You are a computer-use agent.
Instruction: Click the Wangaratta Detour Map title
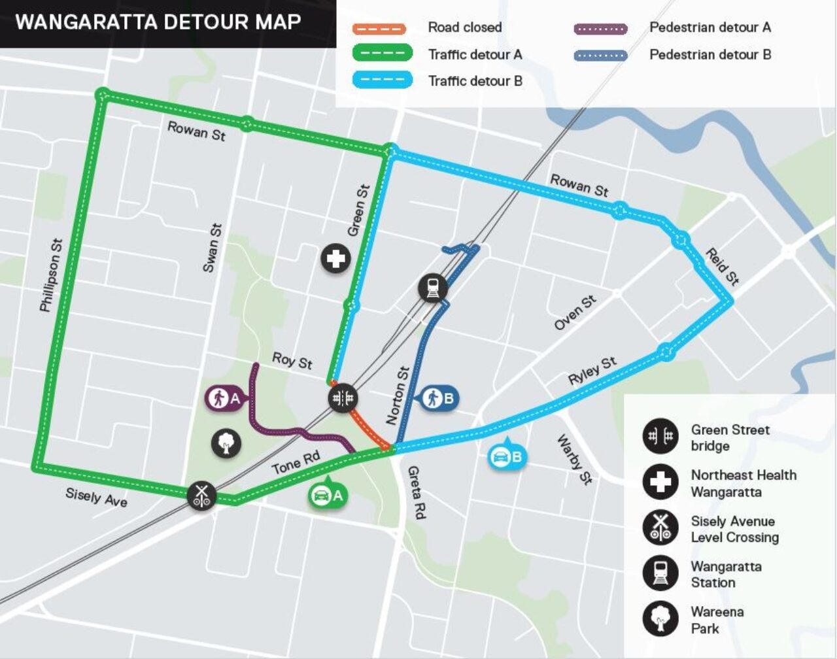[158, 22]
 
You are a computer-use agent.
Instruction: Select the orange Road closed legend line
[379, 28]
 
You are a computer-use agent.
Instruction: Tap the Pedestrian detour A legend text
[709, 27]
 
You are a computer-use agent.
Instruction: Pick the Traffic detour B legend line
[382, 80]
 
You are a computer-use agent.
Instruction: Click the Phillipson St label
[50, 275]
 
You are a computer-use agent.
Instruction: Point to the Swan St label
[212, 248]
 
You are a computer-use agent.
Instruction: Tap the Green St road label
[358, 210]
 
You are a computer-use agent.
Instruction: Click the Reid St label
[722, 267]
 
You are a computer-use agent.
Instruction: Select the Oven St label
[575, 313]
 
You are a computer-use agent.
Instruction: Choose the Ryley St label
[592, 371]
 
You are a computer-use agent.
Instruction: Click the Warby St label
[574, 460]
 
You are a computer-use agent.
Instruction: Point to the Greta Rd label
[416, 492]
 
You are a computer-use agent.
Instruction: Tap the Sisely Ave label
[96, 497]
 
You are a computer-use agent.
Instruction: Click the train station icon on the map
[433, 288]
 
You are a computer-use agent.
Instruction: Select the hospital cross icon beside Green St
[335, 259]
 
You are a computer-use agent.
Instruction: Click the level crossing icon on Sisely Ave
[202, 495]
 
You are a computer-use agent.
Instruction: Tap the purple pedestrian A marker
[224, 397]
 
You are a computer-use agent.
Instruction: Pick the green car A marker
[327, 495]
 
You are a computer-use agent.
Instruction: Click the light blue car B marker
[507, 456]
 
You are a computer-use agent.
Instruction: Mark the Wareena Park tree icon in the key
[660, 618]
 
